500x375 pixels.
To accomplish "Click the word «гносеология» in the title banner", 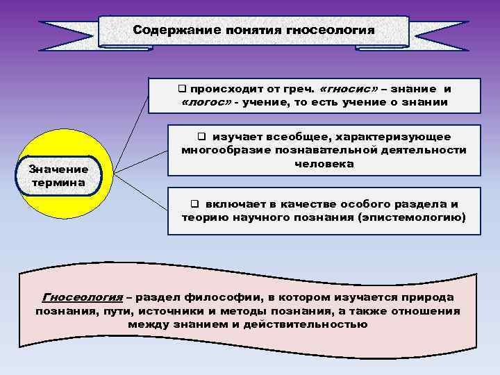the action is (331, 31).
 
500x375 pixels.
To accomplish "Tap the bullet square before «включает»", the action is (195, 204).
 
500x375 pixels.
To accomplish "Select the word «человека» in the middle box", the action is (324, 164).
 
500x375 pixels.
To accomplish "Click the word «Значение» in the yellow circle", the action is (58, 169).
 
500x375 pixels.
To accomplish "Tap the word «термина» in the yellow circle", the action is (58, 183).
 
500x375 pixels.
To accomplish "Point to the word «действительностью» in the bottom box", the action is (308, 324).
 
